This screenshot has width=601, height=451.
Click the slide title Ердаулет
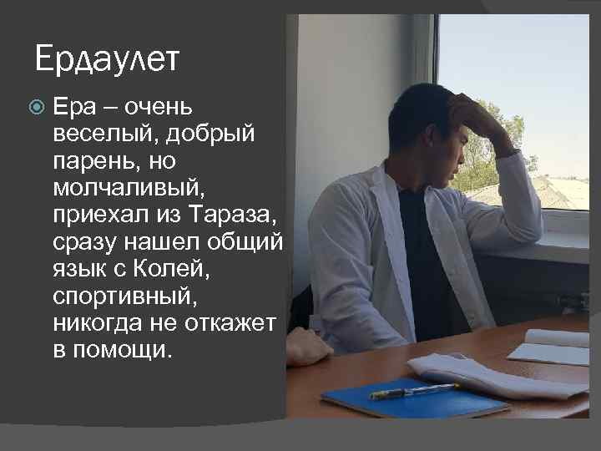point(108,59)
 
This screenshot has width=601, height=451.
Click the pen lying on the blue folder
point(413,390)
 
